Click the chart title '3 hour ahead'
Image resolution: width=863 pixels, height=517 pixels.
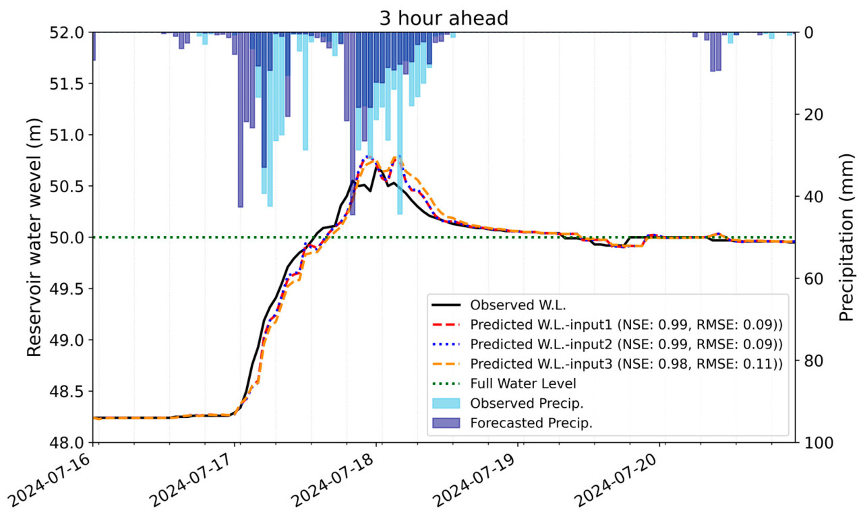(x=443, y=18)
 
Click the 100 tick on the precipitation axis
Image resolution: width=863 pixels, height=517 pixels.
(x=816, y=443)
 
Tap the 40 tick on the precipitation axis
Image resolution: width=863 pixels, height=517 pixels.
(x=813, y=197)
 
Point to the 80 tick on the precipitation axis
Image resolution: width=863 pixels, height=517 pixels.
(x=813, y=361)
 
